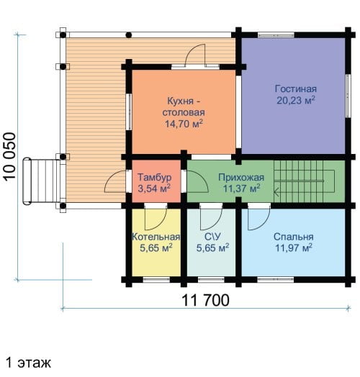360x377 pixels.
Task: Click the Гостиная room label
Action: pyautogui.click(x=296, y=89)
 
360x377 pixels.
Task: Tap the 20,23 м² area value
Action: pyautogui.click(x=296, y=100)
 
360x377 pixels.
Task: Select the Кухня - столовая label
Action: pyautogui.click(x=184, y=106)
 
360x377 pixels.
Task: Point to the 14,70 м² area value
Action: pyautogui.click(x=184, y=124)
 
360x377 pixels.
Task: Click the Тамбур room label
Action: pyautogui.click(x=155, y=178)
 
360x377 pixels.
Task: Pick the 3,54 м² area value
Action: pyautogui.click(x=154, y=188)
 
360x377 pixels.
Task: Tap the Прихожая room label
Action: pyautogui.click(x=241, y=178)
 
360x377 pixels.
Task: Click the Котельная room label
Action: pyautogui.click(x=156, y=237)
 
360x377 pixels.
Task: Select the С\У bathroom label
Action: pyautogui.click(x=212, y=237)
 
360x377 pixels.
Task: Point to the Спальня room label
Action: pyautogui.click(x=293, y=237)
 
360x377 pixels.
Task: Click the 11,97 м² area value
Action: pyautogui.click(x=294, y=247)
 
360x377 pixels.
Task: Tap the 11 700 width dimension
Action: pyautogui.click(x=205, y=300)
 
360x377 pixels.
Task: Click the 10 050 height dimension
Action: pyautogui.click(x=10, y=156)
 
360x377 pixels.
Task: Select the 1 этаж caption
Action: pyautogui.click(x=28, y=363)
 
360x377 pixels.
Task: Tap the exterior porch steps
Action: pyautogui.click(x=41, y=181)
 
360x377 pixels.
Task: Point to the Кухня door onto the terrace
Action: pyautogui.click(x=195, y=56)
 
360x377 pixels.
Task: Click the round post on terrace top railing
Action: pyautogui.click(x=129, y=35)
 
